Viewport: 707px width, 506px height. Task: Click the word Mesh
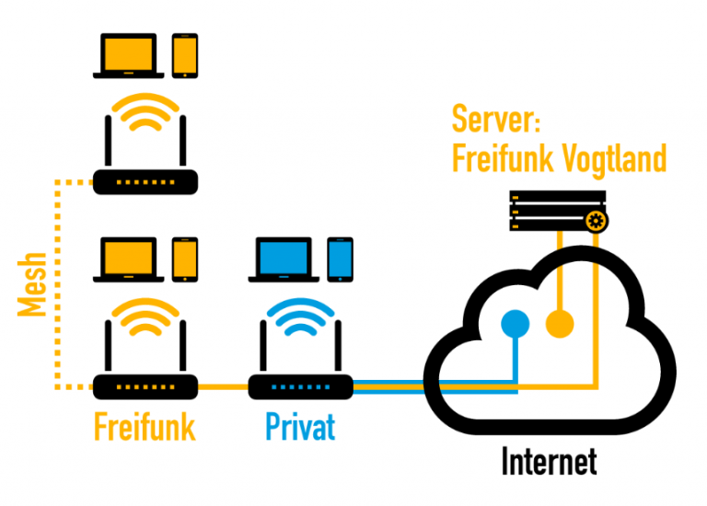33,284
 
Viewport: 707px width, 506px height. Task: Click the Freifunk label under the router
145,428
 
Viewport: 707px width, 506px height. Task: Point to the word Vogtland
613,158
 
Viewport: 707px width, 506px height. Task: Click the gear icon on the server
596,221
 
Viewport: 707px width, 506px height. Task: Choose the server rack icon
558,211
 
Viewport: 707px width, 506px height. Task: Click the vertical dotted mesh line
58,284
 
